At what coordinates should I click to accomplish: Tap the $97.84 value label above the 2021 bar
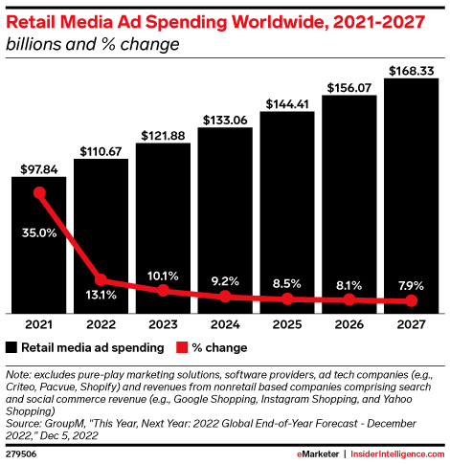[39, 169]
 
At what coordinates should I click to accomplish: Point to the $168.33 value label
[411, 70]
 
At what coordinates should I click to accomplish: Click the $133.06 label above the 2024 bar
[225, 120]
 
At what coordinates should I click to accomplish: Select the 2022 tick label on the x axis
[101, 325]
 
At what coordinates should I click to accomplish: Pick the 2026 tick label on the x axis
[349, 325]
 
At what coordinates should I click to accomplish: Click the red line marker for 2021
[39, 193]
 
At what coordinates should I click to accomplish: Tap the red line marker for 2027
[411, 301]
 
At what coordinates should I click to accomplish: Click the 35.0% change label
[39, 231]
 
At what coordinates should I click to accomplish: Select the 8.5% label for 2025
[286, 283]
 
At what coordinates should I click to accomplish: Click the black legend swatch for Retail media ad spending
[12, 347]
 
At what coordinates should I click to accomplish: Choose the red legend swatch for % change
[178, 347]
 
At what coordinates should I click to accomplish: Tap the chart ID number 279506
[22, 454]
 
